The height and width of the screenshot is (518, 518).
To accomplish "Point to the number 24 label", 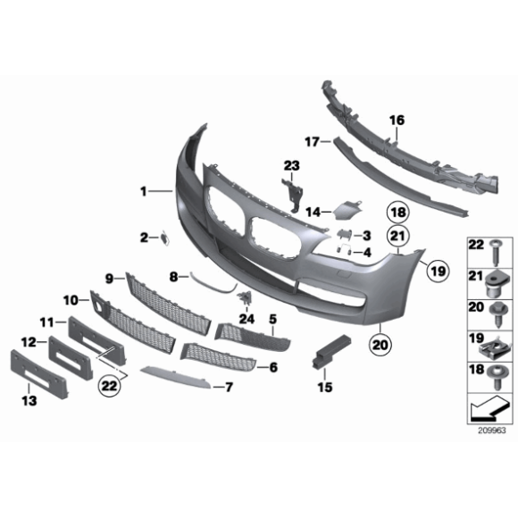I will [x=246, y=318].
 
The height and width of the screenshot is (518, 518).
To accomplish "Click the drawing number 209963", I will [x=489, y=430].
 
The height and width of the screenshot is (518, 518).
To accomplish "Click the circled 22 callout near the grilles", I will [x=108, y=387].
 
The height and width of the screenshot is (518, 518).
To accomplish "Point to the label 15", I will [x=323, y=387].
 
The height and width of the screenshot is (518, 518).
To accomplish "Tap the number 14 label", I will [x=313, y=213].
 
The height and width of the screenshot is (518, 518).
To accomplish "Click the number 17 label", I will [x=312, y=141].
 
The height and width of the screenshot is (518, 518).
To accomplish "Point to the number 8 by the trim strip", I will [x=175, y=276].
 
